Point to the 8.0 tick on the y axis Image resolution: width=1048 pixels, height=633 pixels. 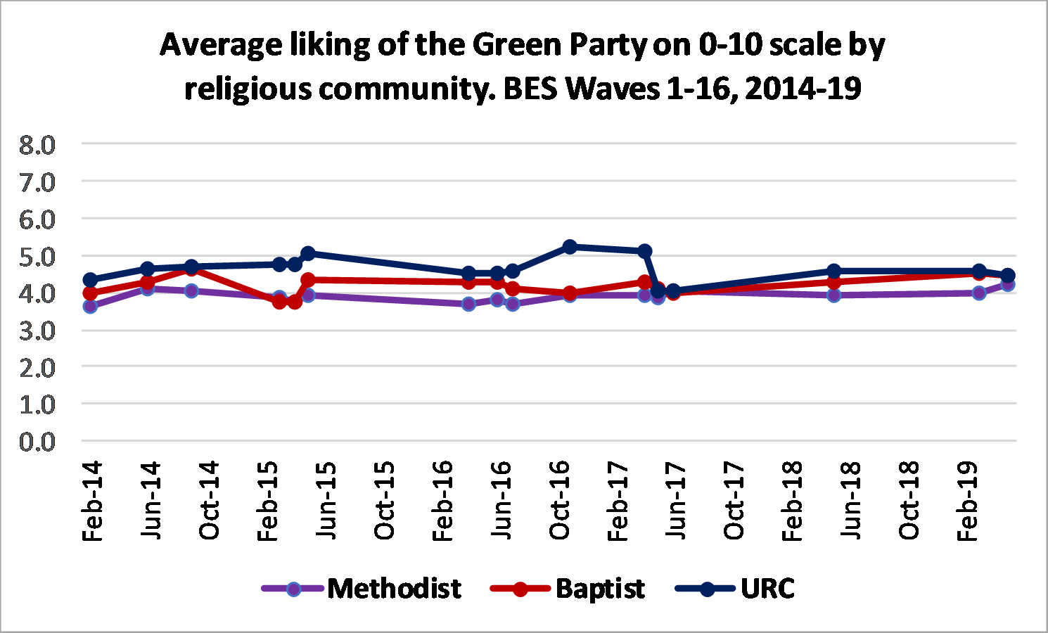37,145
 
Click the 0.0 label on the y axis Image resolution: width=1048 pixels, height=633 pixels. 37,442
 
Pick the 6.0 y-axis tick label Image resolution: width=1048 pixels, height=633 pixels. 37,219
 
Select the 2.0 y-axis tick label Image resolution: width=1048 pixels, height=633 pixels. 37,367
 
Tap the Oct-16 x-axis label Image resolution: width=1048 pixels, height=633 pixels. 559,501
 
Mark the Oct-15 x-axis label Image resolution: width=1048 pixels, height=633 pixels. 384,501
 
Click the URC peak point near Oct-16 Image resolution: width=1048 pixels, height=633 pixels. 570,247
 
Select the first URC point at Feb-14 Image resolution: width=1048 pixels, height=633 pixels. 90,280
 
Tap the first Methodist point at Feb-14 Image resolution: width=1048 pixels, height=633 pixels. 90,306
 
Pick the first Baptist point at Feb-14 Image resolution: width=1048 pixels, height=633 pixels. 90,293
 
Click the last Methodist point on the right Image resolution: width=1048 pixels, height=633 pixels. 1007,285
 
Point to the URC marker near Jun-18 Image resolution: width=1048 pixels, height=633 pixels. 834,271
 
